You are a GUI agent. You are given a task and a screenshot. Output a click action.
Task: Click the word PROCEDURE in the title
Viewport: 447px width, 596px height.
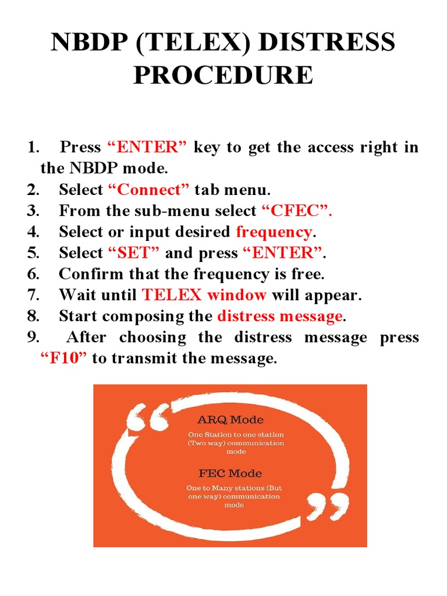point(223,76)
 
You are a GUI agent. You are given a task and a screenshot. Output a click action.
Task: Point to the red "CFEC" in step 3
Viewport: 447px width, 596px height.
point(297,211)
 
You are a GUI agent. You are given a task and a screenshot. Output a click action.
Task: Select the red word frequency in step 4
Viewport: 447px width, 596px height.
point(274,232)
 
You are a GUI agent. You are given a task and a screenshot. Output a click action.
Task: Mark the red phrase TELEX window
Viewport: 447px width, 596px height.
point(204,295)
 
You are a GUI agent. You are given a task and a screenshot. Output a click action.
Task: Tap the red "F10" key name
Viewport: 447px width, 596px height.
point(63,359)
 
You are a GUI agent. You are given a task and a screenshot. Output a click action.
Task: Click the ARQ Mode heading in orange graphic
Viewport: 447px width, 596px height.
point(230,420)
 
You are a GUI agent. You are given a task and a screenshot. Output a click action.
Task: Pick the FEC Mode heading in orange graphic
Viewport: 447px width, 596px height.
point(230,473)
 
